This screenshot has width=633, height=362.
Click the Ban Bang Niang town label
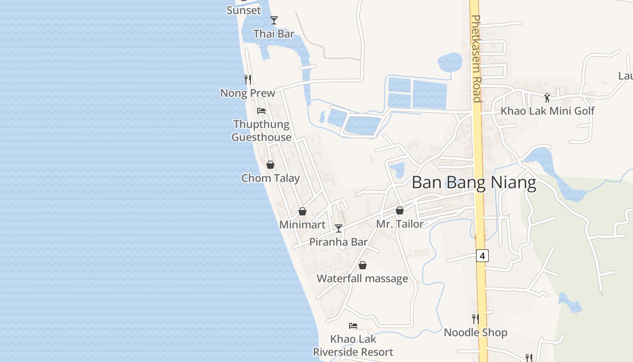[x=474, y=182]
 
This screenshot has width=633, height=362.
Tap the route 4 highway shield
[x=482, y=256]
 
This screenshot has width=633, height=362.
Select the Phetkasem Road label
[x=476, y=59]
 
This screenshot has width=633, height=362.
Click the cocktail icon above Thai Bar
[x=274, y=20]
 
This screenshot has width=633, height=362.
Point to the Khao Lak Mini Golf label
[x=547, y=111]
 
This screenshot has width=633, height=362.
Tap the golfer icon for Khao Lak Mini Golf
[x=547, y=97]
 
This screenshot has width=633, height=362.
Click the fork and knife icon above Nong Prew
[x=248, y=80]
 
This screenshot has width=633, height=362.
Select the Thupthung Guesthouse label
[x=261, y=130]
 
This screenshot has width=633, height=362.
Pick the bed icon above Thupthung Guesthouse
[x=261, y=110]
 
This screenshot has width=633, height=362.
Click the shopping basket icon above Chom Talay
[x=270, y=165]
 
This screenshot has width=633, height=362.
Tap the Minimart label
[x=302, y=224]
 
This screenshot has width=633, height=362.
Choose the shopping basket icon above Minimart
[x=302, y=211]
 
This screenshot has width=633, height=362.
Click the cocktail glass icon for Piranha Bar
[x=338, y=229]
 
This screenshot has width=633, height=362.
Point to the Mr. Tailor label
[x=400, y=224]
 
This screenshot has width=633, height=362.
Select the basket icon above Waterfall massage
[x=362, y=265]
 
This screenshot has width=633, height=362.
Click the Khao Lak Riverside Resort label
[x=353, y=345]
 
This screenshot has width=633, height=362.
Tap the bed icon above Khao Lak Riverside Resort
[x=353, y=325]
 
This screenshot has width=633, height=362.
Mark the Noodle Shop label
[x=475, y=333]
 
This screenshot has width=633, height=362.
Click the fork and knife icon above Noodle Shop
[x=475, y=319]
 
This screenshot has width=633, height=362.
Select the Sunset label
[x=244, y=10]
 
